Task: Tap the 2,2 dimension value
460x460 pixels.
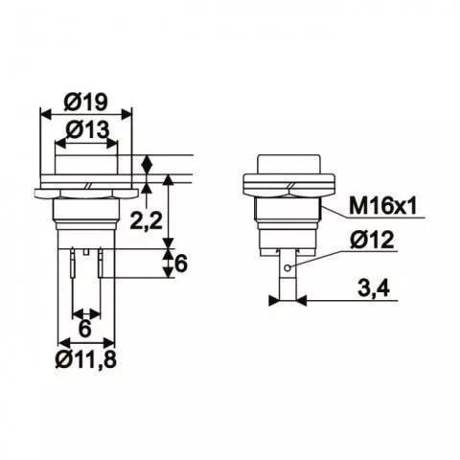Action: (145, 222)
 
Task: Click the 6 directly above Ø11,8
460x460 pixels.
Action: (84, 329)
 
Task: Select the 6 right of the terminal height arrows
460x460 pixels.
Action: (179, 266)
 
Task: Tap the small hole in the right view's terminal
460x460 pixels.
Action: (287, 265)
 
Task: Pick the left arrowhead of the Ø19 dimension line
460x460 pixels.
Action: (43, 112)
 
